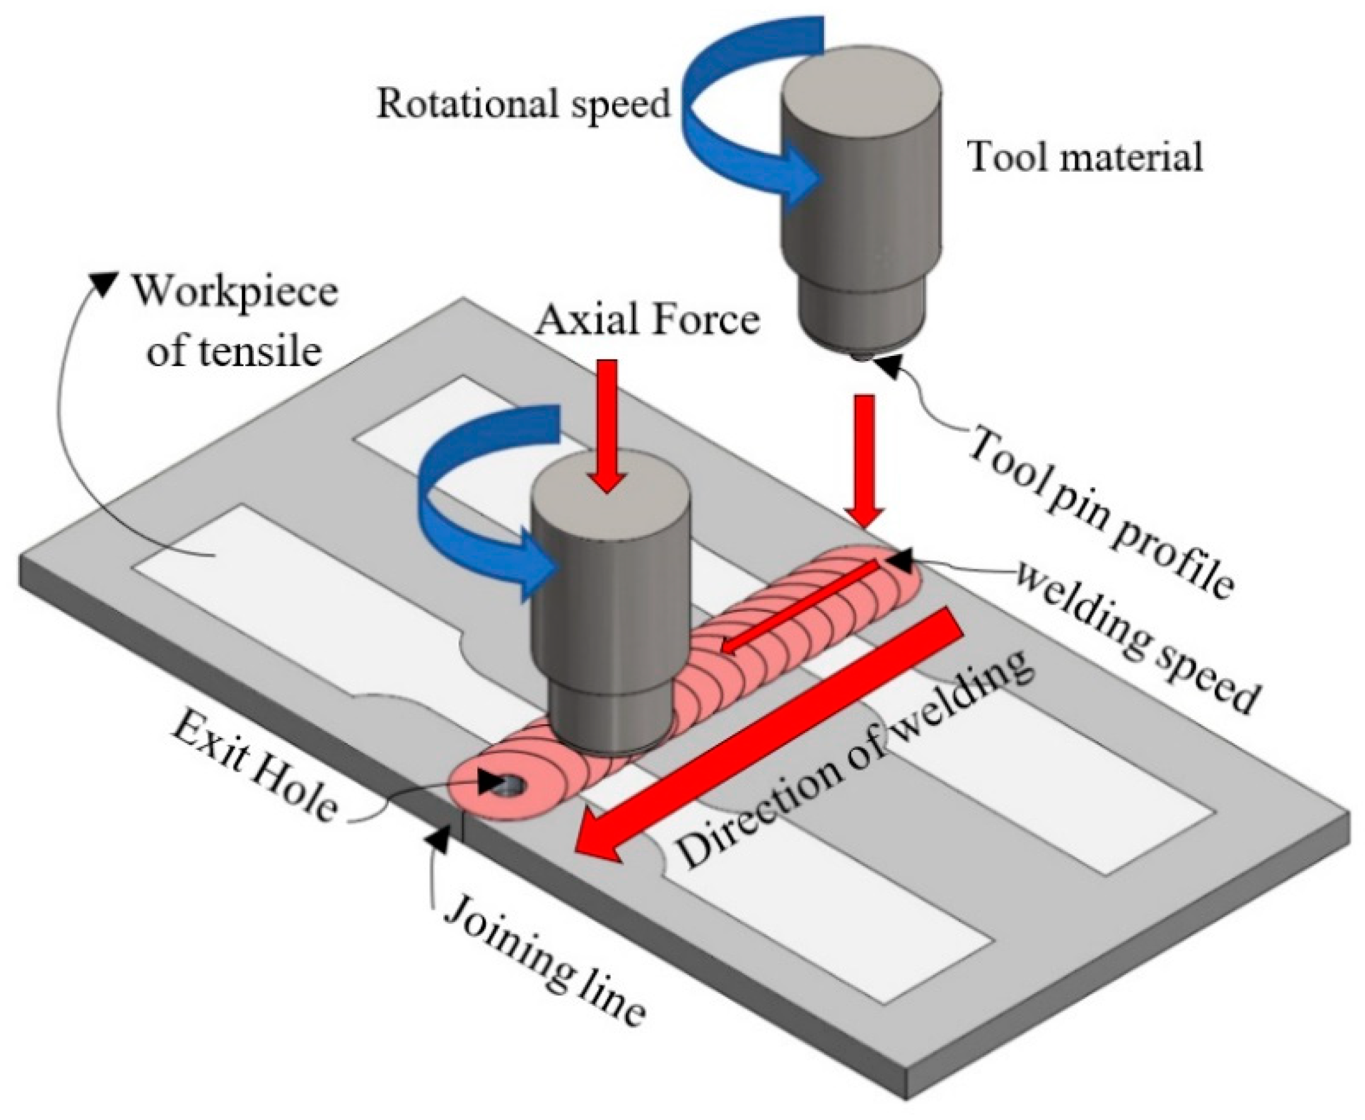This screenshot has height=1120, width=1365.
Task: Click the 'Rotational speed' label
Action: (x=522, y=103)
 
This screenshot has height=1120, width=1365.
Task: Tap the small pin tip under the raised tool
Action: (x=861, y=354)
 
